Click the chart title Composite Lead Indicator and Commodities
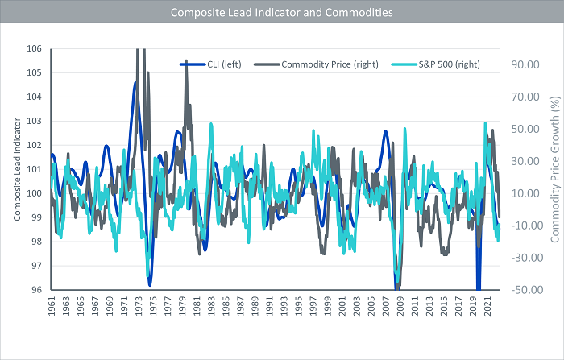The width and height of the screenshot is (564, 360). point(282,13)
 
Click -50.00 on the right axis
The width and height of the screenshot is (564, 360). point(521,290)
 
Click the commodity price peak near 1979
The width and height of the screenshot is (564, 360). point(186,61)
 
